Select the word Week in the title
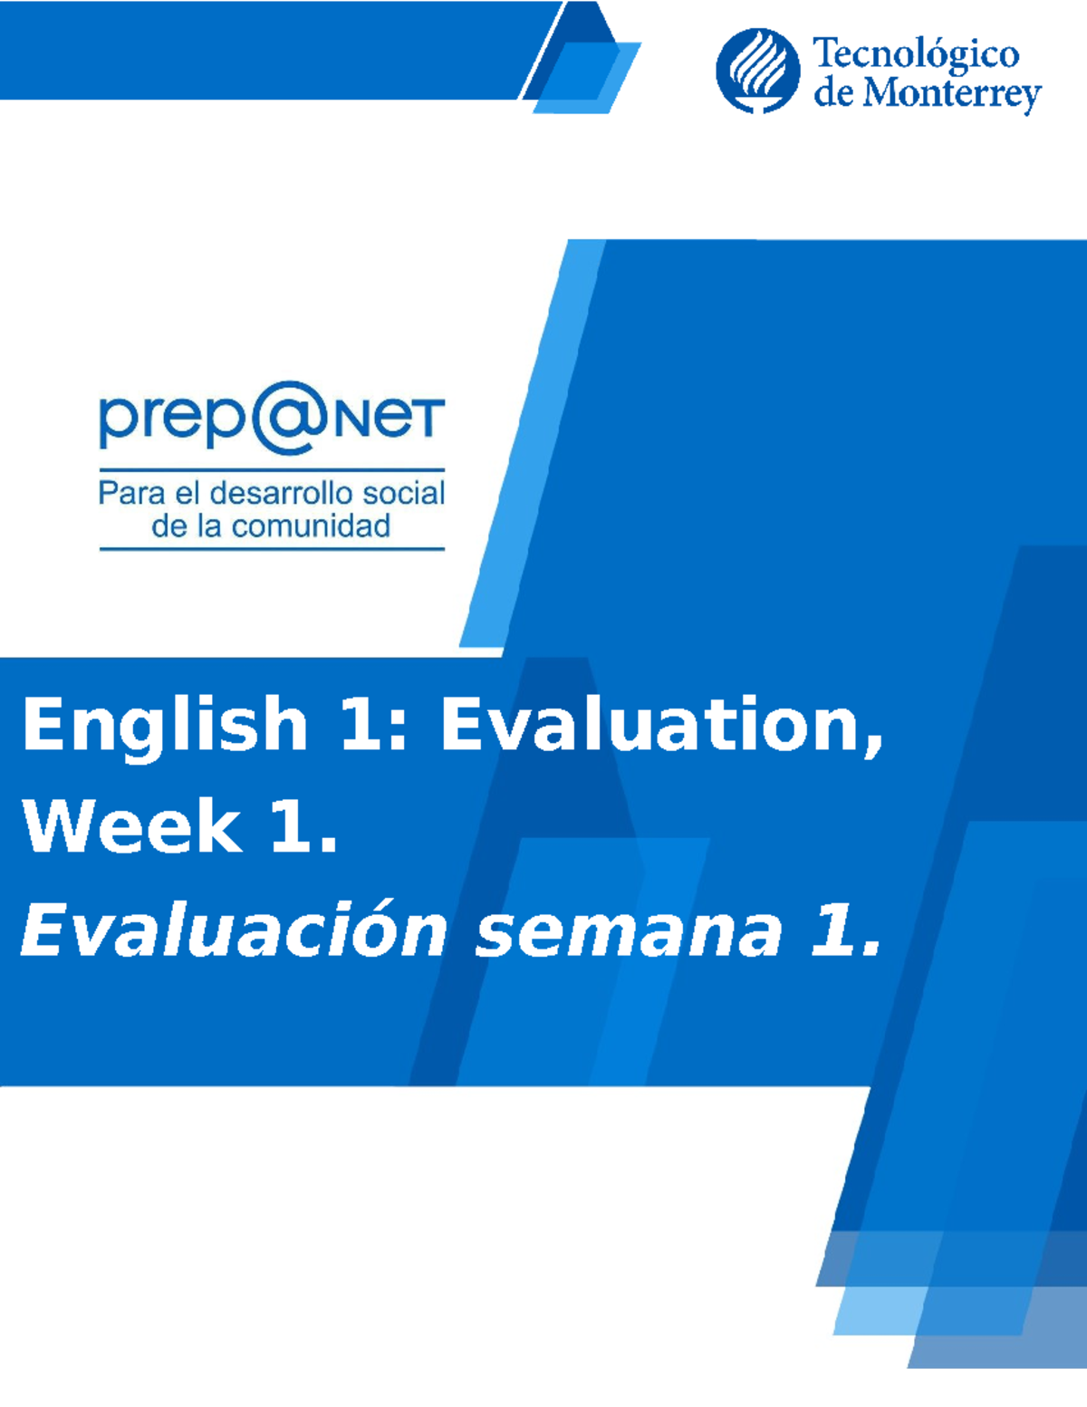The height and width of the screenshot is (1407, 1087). pos(130,826)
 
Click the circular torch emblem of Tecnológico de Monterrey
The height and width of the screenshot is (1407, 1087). pos(757,71)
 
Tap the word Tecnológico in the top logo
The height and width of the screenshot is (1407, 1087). pos(916,56)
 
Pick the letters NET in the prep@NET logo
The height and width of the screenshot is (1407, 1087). pos(389,419)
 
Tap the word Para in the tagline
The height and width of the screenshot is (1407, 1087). pos(131,494)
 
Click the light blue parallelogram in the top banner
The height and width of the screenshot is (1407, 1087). pos(586,79)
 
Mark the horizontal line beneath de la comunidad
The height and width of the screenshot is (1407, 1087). pos(272,548)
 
